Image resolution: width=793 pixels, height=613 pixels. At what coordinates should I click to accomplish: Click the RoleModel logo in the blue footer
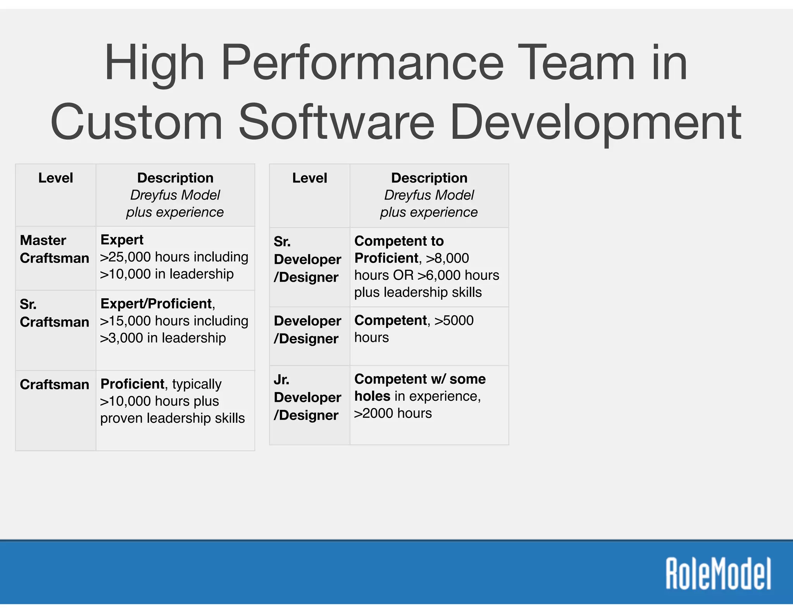coord(718,573)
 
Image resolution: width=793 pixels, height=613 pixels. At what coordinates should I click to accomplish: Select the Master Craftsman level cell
coord(55,249)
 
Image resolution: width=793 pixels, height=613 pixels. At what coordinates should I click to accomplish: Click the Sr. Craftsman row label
coord(55,313)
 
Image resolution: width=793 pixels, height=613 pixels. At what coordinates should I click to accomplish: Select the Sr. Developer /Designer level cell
coord(307,259)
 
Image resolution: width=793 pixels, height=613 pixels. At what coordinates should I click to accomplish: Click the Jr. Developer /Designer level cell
coord(307,397)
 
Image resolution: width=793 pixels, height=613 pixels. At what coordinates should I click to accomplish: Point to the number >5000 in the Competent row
coord(454,320)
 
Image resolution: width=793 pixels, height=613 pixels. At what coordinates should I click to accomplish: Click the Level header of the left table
coord(55,178)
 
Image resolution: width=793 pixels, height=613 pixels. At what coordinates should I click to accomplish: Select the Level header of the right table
coord(309,178)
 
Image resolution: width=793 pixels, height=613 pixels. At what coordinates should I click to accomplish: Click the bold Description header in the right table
coord(429,178)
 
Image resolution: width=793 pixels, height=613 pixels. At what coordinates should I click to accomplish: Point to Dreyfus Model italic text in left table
coord(175,195)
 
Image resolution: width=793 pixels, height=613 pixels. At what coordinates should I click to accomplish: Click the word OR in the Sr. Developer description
coord(403,275)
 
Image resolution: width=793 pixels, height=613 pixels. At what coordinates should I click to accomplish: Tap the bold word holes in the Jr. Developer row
coord(372,396)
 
